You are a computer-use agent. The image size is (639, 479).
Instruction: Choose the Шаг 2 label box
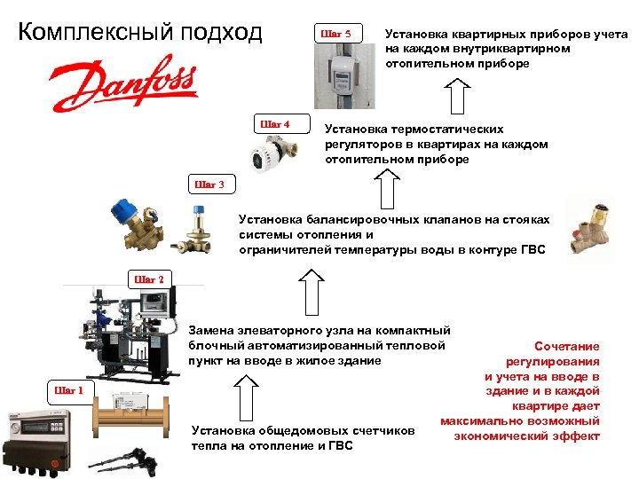(148, 279)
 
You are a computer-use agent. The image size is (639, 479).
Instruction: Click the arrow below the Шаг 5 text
(457, 94)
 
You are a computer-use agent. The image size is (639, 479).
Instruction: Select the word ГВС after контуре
(530, 250)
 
